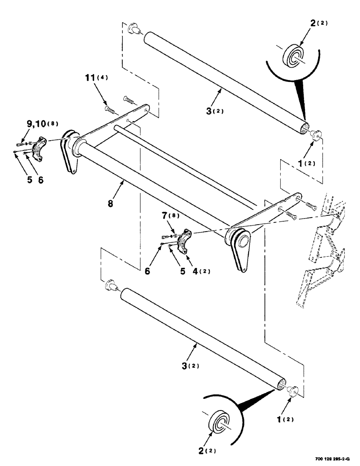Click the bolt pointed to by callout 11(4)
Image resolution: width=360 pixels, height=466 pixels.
[110, 110]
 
